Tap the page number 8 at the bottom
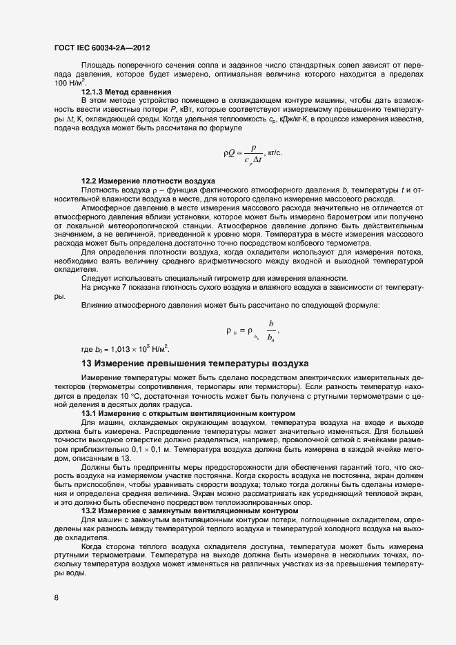56,598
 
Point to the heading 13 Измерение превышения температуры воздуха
190,363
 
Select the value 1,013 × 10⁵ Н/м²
137,348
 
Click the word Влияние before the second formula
98,305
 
